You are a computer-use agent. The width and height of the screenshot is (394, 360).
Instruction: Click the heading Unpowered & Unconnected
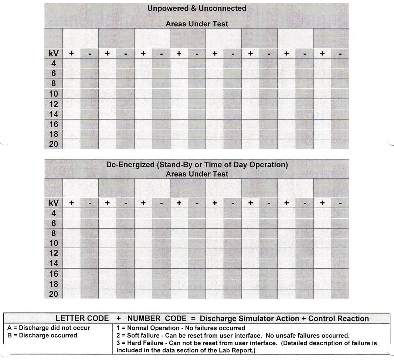(x=197, y=8)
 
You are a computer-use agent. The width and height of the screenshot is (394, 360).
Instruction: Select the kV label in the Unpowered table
(x=54, y=54)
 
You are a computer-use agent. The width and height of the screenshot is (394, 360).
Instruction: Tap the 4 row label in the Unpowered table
(x=54, y=64)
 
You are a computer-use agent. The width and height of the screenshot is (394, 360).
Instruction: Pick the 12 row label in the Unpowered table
(x=54, y=104)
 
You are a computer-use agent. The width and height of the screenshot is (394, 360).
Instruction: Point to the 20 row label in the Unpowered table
(x=54, y=144)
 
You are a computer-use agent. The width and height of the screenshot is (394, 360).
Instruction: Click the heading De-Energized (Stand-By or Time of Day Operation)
(x=197, y=165)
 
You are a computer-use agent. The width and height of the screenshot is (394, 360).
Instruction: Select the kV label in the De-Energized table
(x=54, y=203)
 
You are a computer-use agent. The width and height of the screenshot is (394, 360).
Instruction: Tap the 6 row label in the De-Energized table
(x=54, y=223)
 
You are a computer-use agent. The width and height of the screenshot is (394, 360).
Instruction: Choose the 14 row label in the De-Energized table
(x=54, y=263)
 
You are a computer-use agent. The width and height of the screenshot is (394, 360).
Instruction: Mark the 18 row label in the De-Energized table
(x=54, y=284)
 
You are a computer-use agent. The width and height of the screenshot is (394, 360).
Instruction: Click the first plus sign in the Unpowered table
(x=71, y=54)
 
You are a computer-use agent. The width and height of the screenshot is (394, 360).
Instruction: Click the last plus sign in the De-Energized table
(x=322, y=203)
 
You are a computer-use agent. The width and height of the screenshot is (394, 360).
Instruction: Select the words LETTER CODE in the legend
(x=82, y=319)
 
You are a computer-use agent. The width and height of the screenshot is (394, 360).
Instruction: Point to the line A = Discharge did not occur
(x=49, y=328)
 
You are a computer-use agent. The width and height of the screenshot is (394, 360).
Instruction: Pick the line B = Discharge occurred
(x=43, y=335)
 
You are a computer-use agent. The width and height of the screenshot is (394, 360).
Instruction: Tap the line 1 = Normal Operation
(x=180, y=328)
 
